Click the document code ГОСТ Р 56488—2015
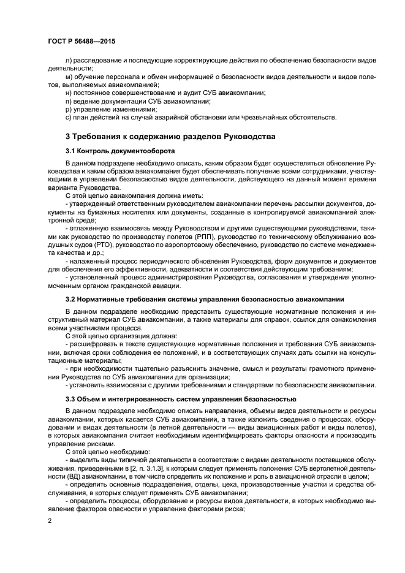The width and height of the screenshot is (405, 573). click(x=81, y=40)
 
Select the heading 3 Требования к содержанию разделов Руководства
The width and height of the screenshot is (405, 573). click(x=170, y=136)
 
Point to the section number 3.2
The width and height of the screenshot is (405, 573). click(x=72, y=299)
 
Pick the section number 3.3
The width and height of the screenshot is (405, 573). click(x=72, y=399)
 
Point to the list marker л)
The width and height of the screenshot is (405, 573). click(x=68, y=61)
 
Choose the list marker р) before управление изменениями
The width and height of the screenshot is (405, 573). click(x=68, y=108)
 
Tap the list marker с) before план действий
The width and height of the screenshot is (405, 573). click(x=68, y=116)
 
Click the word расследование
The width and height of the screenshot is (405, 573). click(x=98, y=61)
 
